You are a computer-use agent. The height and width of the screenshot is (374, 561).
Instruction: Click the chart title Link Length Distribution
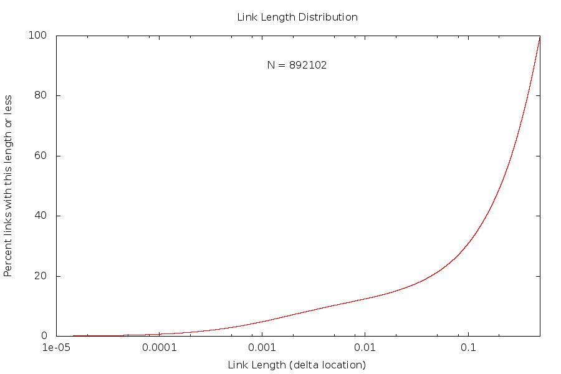tap(297, 17)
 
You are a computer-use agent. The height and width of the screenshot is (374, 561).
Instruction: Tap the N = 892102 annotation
tap(297, 65)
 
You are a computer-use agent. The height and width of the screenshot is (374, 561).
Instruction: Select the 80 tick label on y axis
tap(41, 96)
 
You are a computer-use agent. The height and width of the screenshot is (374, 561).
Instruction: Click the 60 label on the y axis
tap(41, 156)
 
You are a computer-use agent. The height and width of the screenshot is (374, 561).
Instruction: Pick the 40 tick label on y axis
tap(41, 216)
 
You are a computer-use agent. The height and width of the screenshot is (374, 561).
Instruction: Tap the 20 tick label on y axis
tap(41, 276)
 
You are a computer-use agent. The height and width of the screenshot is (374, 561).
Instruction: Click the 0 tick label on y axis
tap(44, 337)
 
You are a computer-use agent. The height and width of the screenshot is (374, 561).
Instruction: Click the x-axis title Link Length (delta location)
tap(297, 365)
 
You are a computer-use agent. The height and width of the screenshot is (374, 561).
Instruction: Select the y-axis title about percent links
tap(9, 186)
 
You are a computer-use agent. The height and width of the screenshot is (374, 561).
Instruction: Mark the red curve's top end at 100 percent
tap(539, 37)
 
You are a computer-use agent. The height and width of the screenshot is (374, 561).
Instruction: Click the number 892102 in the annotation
tap(308, 65)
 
